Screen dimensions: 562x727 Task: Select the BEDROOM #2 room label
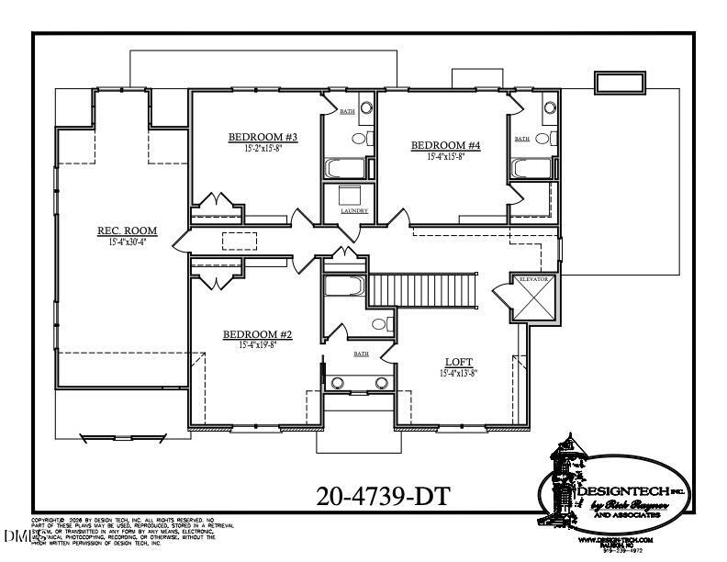(x=257, y=335)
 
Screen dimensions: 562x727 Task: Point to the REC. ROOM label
(x=128, y=230)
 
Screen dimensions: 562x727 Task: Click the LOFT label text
(x=459, y=361)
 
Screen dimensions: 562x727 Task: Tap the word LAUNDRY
(x=353, y=211)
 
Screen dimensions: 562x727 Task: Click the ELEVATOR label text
(x=533, y=278)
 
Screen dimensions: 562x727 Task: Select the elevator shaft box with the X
(x=533, y=302)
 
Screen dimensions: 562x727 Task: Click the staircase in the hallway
(x=423, y=289)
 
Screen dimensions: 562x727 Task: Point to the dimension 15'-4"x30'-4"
(x=128, y=242)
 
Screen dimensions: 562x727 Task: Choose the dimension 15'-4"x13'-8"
(x=459, y=373)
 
